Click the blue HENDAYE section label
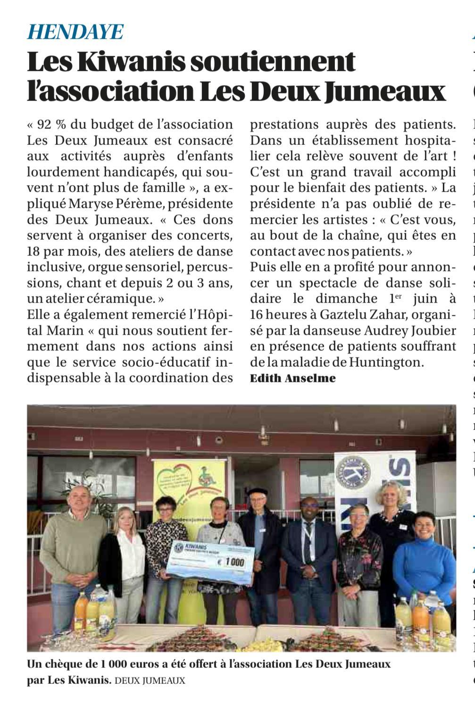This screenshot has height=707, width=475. click(x=75, y=32)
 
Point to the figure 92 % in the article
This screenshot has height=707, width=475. click(x=51, y=125)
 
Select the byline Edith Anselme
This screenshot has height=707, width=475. click(x=292, y=378)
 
